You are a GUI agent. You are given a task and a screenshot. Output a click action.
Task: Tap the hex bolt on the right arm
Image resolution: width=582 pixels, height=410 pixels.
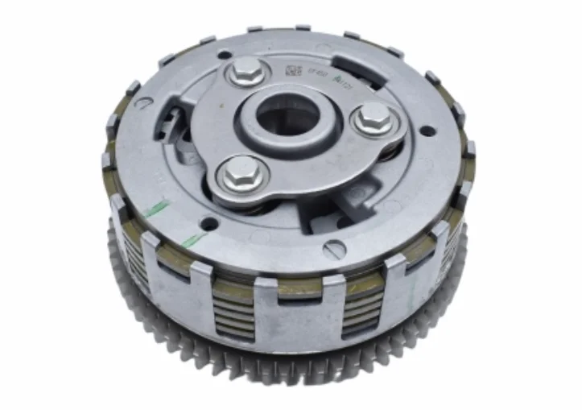(372, 118)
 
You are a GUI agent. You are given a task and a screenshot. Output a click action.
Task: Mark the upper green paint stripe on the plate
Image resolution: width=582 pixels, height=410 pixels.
(157, 209)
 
